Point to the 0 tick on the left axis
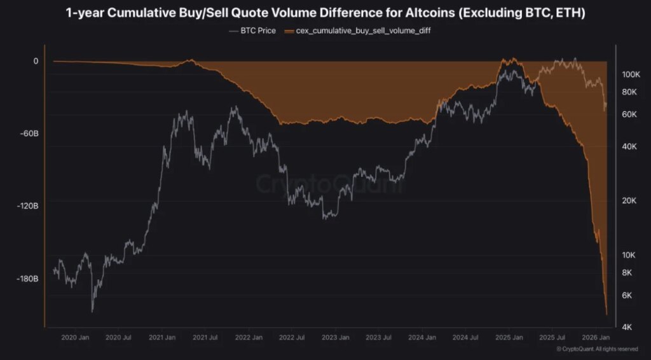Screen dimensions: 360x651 click(36, 61)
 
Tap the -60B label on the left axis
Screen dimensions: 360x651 click(29, 134)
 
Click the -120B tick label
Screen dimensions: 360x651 click(28, 206)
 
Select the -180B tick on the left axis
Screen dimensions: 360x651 click(28, 279)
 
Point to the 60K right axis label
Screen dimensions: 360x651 click(629, 114)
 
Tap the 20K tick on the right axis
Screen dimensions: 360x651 click(629, 201)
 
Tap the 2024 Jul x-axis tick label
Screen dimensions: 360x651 click(465, 338)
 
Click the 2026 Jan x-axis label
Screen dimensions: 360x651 click(596, 338)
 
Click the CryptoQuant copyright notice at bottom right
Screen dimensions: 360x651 click(597, 349)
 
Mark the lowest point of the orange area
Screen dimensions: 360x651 click(606, 314)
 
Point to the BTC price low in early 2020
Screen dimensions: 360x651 click(93, 311)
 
